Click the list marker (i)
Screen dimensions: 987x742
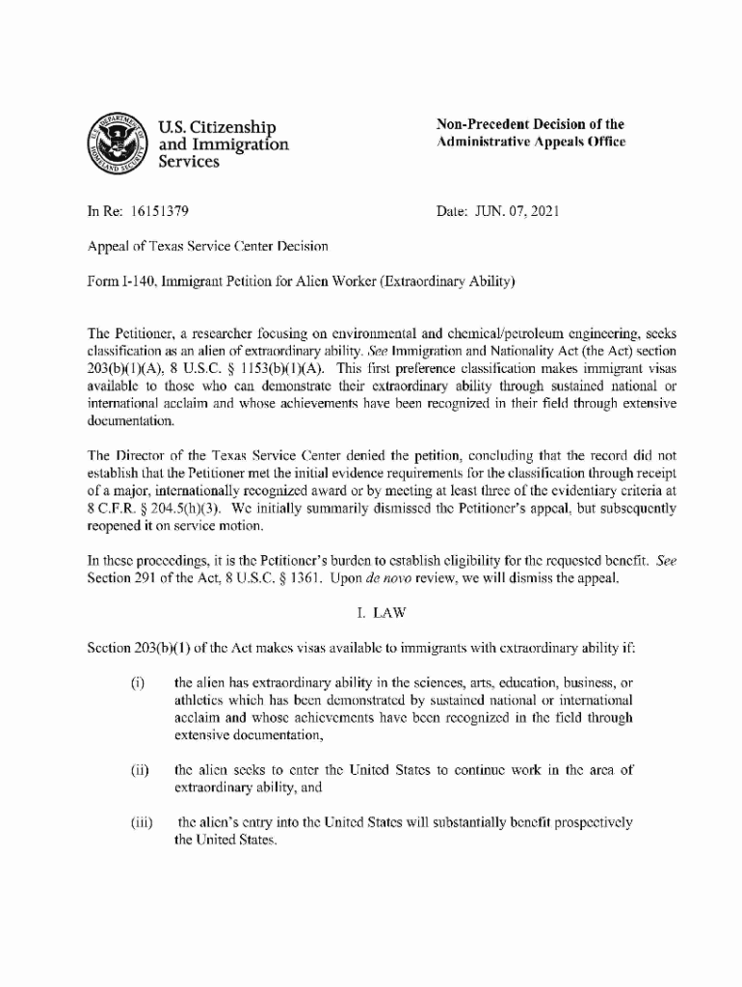coord(137,684)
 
